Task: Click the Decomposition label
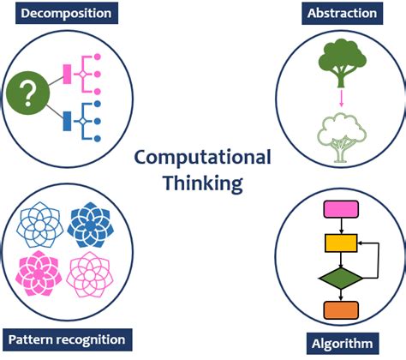point(67,13)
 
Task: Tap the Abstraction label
point(342,14)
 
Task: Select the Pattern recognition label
point(68,339)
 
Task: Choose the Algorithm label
point(343,344)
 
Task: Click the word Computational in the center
point(203,158)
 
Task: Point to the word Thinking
point(203,183)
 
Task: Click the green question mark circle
point(28,93)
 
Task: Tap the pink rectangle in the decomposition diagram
point(67,75)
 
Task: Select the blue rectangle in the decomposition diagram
point(67,121)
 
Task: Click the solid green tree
point(342,63)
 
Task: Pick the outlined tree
point(342,138)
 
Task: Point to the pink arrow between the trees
point(341,99)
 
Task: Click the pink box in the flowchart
point(341,209)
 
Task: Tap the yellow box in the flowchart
point(341,243)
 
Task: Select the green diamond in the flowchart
point(341,279)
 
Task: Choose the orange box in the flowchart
point(341,310)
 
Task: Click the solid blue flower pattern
point(91,225)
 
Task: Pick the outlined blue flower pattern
point(40,225)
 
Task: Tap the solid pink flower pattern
point(39,273)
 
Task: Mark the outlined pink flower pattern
point(90,274)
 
